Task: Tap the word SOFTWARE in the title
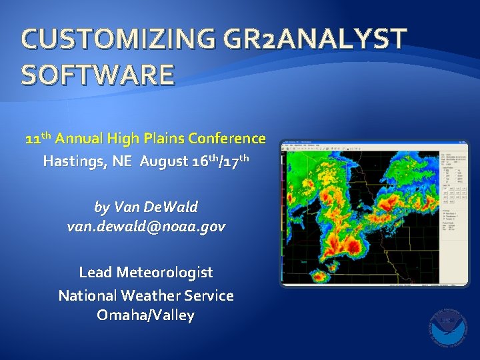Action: tap(98, 74)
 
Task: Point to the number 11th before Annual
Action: tap(39, 139)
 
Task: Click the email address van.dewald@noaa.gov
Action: tap(146, 227)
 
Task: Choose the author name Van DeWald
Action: tap(146, 207)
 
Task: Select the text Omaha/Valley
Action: tap(146, 315)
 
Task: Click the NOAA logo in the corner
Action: tap(447, 327)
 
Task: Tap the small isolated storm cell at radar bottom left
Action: tap(319, 275)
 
